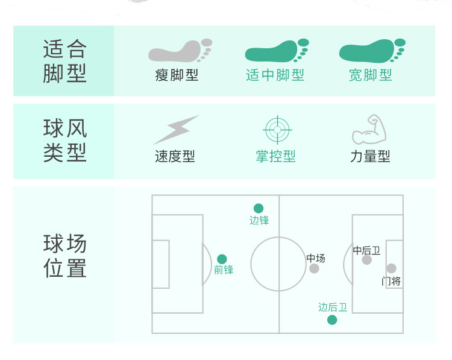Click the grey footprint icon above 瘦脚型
[179, 51]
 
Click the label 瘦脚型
[177, 75]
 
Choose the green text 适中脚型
[275, 75]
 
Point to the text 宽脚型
[371, 75]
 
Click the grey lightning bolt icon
[175, 129]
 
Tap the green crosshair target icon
[277, 129]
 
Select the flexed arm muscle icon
[369, 129]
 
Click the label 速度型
[175, 157]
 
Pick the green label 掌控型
[275, 157]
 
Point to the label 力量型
[370, 157]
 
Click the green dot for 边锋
[259, 209]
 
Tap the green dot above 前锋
[222, 259]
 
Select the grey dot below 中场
[314, 268]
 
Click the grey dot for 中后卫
[367, 260]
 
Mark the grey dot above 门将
[391, 268]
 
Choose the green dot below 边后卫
[332, 320]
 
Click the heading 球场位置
[65, 256]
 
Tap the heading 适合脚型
[65, 60]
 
